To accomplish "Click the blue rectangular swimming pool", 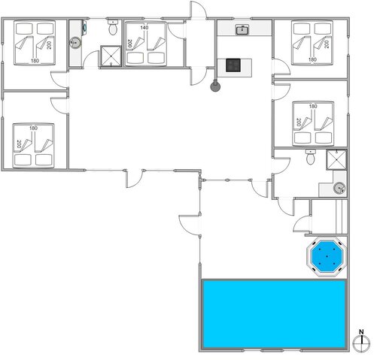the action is tap(274, 314).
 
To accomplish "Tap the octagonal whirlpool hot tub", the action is tap(327, 256).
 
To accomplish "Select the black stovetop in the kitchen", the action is tap(233, 65).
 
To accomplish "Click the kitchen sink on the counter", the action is tap(242, 30).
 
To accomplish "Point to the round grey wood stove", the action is tap(215, 86).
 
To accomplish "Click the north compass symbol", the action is tap(361, 343).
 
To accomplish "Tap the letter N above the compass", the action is tap(361, 332).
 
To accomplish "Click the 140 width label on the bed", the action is tap(144, 28).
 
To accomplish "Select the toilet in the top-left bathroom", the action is tap(113, 27).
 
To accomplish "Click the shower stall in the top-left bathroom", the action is tap(111, 56).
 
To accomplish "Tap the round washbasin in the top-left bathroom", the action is tap(75, 43).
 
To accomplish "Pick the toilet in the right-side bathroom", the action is tap(311, 157).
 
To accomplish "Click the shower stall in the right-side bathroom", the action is tap(336, 159).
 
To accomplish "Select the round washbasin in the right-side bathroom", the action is tap(339, 188).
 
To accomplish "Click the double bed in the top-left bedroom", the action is tap(35, 43).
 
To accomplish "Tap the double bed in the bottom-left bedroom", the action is tap(34, 146).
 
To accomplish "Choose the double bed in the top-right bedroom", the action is tap(312, 43).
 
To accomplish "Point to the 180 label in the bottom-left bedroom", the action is tap(33, 129).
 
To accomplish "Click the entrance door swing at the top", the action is tap(199, 10).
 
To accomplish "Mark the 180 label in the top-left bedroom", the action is tap(35, 61).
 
